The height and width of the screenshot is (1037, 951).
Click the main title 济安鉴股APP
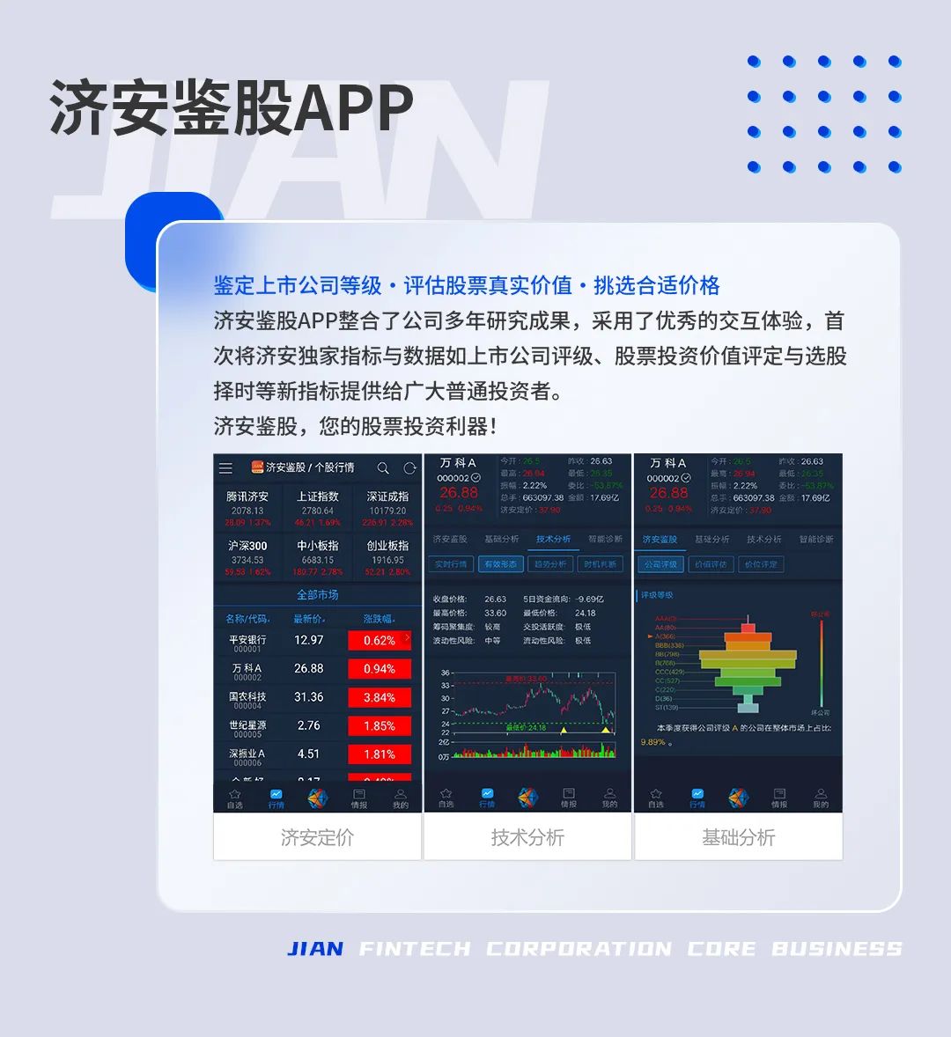[231, 109]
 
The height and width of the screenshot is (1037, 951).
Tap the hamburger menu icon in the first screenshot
[226, 468]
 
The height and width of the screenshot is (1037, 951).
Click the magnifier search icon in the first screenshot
[383, 468]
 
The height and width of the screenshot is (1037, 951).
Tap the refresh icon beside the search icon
[409, 468]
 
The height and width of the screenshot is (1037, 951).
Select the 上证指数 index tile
[317, 509]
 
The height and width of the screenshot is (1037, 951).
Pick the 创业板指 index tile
[387, 558]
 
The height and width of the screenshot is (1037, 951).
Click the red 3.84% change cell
[380, 697]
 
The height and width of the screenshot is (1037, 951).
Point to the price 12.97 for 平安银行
[309, 640]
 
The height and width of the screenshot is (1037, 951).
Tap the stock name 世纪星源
[247, 725]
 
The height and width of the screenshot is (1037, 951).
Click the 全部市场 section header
[317, 595]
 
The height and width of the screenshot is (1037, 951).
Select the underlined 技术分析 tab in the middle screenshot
[553, 539]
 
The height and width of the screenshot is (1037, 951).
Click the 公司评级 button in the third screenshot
[660, 564]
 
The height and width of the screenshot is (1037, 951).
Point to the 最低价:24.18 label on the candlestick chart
[526, 728]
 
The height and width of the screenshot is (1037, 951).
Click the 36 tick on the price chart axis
[446, 673]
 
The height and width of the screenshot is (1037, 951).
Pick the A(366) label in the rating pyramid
[664, 636]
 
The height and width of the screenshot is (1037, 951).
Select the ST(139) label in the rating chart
[667, 707]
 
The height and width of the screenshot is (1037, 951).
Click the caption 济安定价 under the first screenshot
[317, 837]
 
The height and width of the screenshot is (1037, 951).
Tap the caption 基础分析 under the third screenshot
[738, 837]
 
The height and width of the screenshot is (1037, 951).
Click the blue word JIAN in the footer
[315, 948]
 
